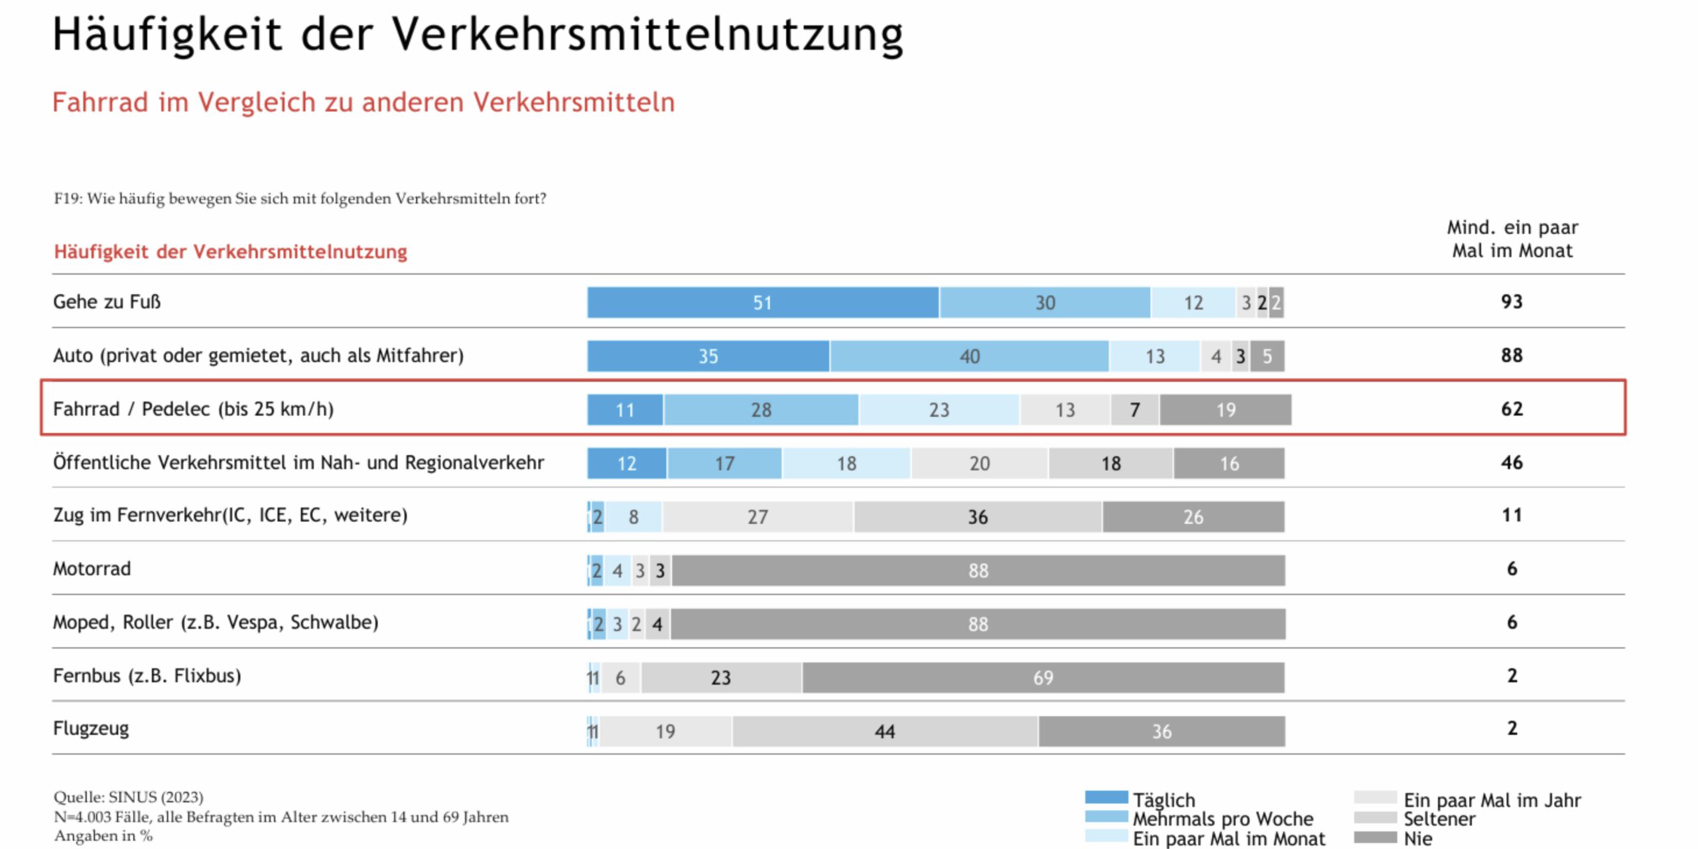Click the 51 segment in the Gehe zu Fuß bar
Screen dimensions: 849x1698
click(x=763, y=302)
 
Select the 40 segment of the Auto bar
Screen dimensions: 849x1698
click(x=969, y=356)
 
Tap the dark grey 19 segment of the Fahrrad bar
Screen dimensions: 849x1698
click(x=1225, y=410)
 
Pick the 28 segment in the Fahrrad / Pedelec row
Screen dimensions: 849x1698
click(x=761, y=410)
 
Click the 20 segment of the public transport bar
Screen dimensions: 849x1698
click(x=979, y=463)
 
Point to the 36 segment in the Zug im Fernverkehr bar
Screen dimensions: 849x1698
click(x=978, y=517)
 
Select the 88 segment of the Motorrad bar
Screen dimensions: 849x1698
click(x=978, y=570)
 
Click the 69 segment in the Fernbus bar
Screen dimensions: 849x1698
click(x=1043, y=677)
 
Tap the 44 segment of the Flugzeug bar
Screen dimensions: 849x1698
click(x=885, y=731)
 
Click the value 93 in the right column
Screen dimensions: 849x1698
click(x=1512, y=302)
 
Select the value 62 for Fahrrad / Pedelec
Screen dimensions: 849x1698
click(x=1512, y=409)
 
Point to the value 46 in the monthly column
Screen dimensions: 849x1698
click(x=1512, y=462)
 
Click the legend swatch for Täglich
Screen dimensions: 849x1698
click(x=1106, y=797)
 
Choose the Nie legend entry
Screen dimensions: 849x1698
click(x=1417, y=838)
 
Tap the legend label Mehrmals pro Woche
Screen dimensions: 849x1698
click(x=1222, y=818)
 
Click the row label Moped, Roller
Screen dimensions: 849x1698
click(x=216, y=622)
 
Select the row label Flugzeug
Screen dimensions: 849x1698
click(x=91, y=728)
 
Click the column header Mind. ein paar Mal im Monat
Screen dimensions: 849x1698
click(x=1512, y=239)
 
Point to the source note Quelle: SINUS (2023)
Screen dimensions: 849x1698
click(x=129, y=797)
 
